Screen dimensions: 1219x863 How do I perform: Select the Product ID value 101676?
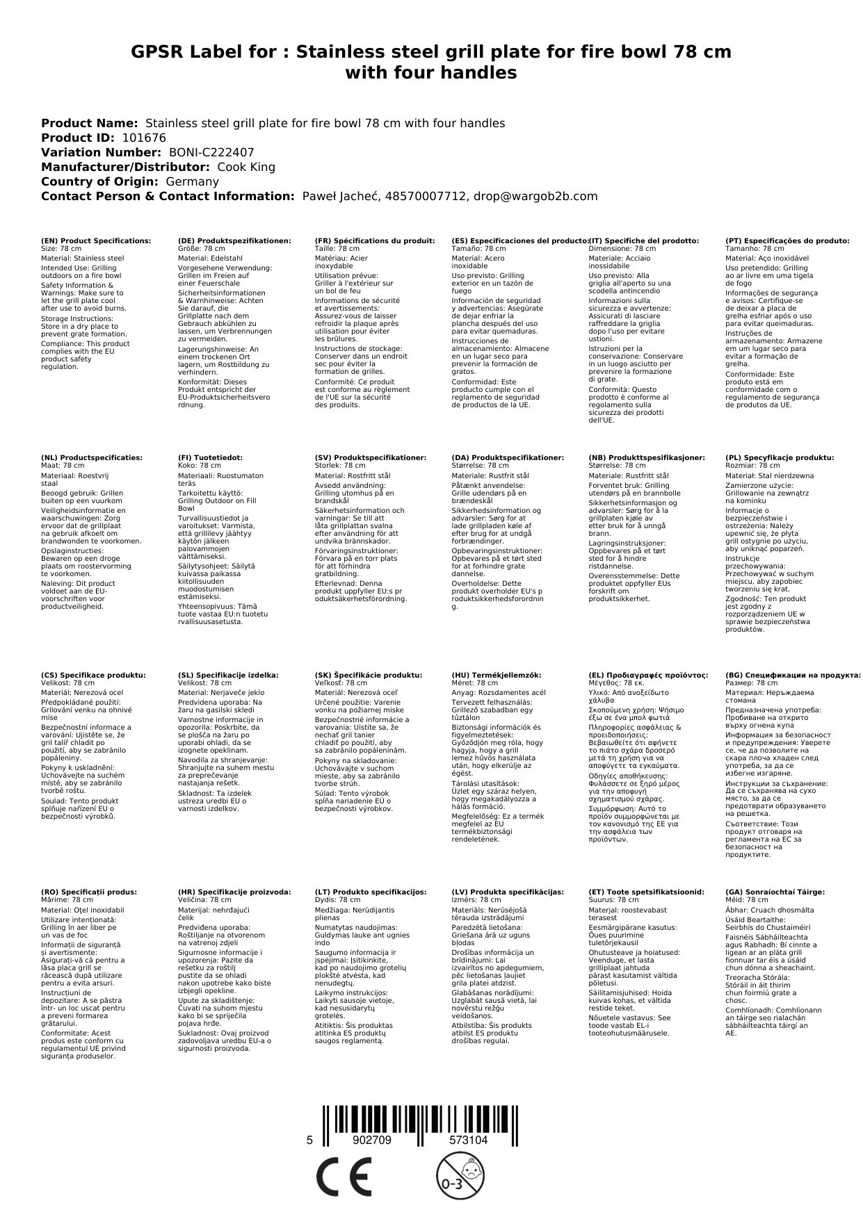click(144, 138)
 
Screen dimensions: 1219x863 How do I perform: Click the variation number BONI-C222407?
click(211, 152)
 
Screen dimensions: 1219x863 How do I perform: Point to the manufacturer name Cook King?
click(246, 167)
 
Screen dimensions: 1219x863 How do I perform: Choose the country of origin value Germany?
click(192, 181)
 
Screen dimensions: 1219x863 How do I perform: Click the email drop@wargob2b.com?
click(535, 196)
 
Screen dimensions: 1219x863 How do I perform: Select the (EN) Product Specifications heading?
click(96, 240)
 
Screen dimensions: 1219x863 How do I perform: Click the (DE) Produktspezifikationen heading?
click(234, 240)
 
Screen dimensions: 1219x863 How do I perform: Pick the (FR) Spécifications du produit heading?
click(375, 240)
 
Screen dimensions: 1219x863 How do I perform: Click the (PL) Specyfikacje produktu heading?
click(780, 458)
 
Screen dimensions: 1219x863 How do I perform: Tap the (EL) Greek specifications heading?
click(648, 675)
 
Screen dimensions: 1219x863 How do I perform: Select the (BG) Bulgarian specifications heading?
click(793, 675)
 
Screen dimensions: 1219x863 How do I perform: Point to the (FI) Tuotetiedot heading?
click(211, 458)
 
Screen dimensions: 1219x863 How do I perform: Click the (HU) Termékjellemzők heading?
click(496, 675)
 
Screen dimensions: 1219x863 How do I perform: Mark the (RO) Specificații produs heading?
click(89, 892)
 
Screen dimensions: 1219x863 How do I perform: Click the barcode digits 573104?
click(468, 1140)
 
